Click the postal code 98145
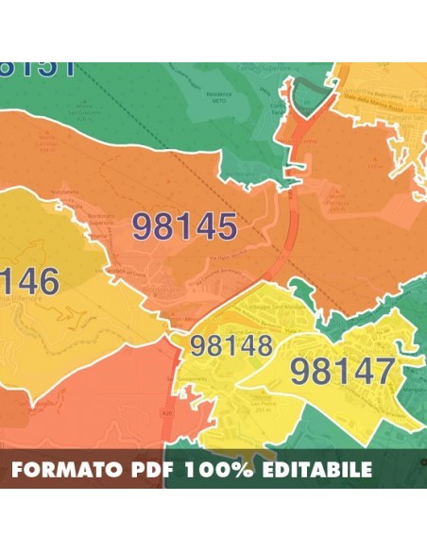click(184, 226)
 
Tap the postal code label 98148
click(231, 345)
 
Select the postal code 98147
click(342, 371)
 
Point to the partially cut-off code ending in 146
click(29, 281)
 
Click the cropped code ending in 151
click(38, 69)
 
